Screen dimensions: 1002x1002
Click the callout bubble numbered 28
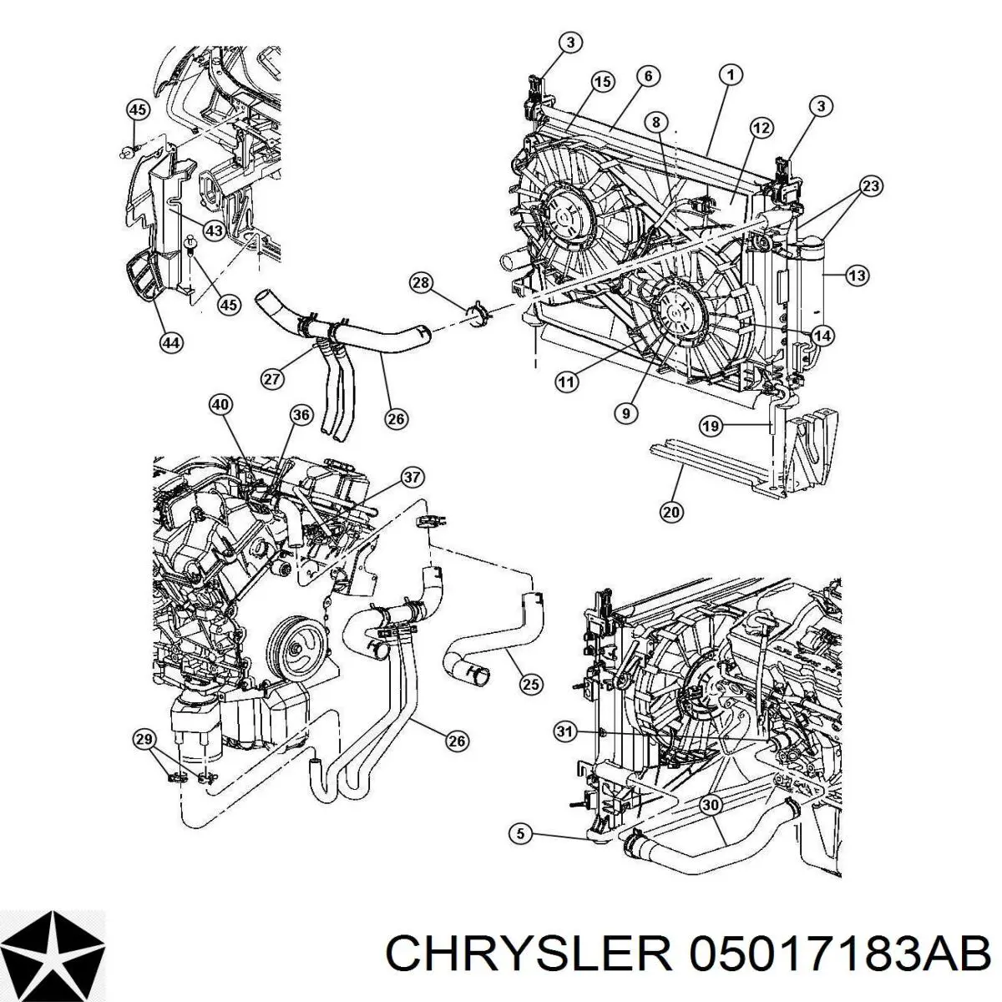coord(422,284)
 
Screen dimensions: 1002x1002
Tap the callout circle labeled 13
coord(857,275)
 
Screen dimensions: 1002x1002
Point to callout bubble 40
coord(220,405)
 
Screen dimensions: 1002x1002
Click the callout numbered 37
coord(412,478)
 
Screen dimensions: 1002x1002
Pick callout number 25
coord(530,685)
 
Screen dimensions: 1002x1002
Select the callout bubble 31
coord(565,732)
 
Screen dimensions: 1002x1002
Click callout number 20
coord(671,513)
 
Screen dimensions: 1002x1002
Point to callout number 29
coord(144,738)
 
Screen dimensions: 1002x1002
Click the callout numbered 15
coord(603,81)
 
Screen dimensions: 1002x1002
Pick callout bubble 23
coord(870,187)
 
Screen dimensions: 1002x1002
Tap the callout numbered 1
coord(730,75)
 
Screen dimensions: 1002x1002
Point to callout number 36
coord(301,415)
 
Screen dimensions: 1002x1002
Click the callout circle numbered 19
coord(709,428)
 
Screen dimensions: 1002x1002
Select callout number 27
coord(272,378)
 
